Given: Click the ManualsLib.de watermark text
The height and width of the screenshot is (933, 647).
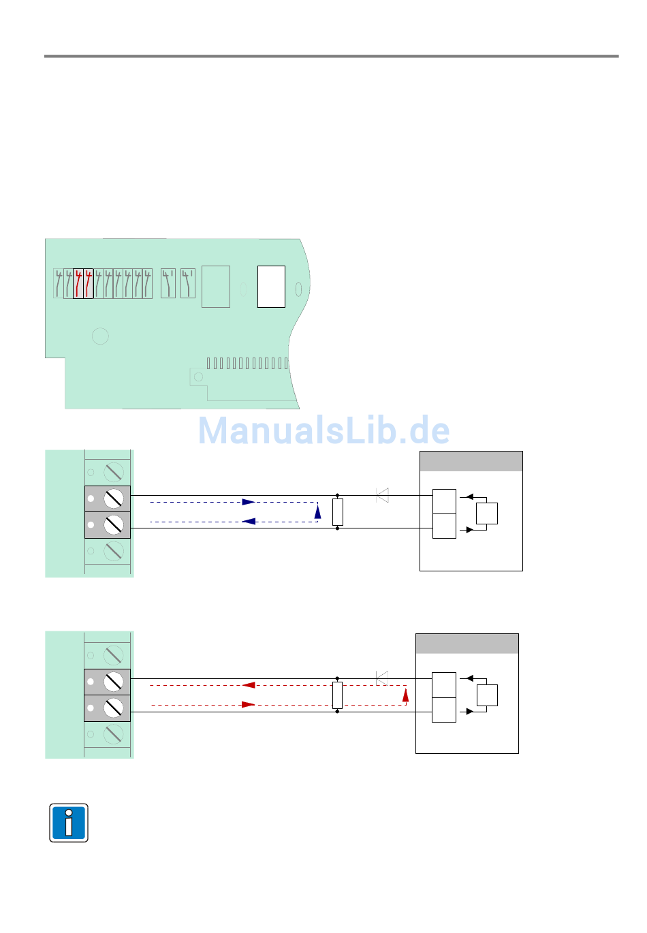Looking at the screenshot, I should click(x=324, y=430).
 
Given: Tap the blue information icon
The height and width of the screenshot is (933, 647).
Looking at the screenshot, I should click(x=69, y=823).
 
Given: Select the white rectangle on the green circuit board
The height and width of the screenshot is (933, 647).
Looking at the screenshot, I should click(x=271, y=287).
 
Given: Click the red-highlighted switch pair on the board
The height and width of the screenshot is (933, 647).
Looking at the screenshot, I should click(x=83, y=283).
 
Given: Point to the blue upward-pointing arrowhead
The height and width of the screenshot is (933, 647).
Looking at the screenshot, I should click(x=317, y=511).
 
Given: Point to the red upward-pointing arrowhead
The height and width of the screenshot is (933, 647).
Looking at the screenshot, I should click(x=405, y=695).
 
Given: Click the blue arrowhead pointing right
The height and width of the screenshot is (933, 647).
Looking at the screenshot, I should click(x=249, y=502).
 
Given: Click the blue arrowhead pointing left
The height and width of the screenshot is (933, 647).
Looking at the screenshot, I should click(x=249, y=522).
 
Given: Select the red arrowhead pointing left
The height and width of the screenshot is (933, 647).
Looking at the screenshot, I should click(x=249, y=685).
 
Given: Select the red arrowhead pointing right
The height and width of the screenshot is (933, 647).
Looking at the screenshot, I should click(x=249, y=705).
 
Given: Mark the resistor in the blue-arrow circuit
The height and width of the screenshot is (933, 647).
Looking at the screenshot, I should click(x=338, y=512).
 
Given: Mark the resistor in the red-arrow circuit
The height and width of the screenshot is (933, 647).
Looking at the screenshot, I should click(x=337, y=695).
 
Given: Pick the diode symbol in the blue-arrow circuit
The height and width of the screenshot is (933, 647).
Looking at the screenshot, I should click(x=383, y=495).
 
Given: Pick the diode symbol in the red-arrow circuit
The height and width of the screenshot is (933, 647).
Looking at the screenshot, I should click(x=382, y=678).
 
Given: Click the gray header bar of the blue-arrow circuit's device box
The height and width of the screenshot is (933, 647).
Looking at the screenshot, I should click(x=471, y=461).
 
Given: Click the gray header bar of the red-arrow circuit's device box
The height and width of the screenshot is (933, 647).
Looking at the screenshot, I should click(x=467, y=644).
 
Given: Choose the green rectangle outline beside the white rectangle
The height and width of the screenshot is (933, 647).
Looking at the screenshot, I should click(x=216, y=287).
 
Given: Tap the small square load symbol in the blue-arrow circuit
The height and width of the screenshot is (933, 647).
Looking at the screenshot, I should click(x=487, y=513).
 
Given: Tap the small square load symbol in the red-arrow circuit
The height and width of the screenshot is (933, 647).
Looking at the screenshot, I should click(x=487, y=695).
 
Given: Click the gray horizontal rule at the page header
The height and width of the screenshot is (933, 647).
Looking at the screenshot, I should click(x=332, y=56).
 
